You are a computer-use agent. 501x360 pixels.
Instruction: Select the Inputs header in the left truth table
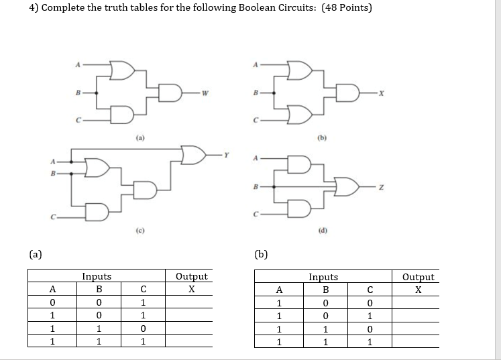point(97,276)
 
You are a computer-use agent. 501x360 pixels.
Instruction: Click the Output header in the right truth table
point(419,276)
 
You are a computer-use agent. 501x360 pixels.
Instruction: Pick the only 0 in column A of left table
point(52,302)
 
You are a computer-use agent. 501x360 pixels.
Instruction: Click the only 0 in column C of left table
point(142,328)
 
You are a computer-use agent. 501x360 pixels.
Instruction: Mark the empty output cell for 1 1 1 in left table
point(191,341)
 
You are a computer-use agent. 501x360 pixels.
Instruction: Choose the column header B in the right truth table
point(325,290)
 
